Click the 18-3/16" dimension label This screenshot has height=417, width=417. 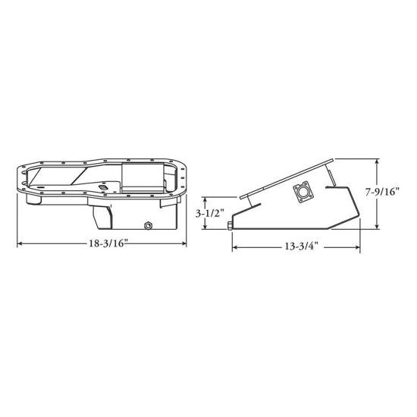click(102, 244)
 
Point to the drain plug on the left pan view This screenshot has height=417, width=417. click(148, 225)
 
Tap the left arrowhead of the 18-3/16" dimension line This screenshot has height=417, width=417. click(18, 243)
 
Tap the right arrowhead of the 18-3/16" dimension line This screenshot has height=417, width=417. click(187, 243)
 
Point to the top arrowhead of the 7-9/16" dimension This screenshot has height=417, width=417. click(377, 159)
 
